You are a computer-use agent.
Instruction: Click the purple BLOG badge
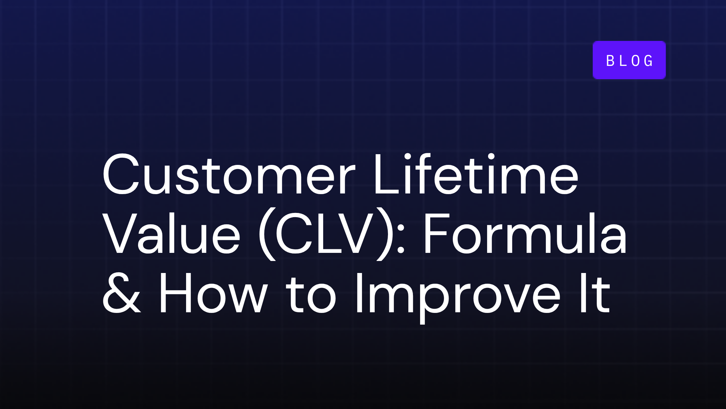click(629, 60)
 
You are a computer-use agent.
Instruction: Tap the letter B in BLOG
click(611, 61)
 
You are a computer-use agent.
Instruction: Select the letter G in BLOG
click(649, 61)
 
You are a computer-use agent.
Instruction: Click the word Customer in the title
click(229, 175)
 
